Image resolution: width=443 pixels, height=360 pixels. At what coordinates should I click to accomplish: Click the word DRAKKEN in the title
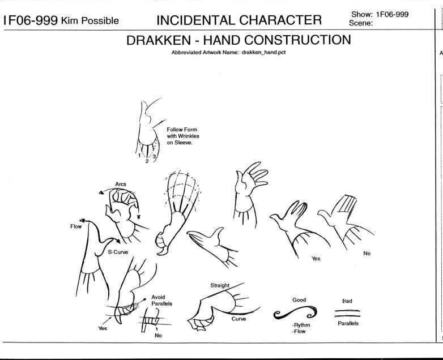coord(159,40)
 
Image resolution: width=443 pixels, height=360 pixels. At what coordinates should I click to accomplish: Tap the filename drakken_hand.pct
coord(263,53)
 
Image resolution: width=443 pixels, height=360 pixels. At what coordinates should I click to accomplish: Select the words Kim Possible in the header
coord(90,20)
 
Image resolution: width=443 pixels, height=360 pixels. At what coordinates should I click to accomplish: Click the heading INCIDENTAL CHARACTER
coord(239,20)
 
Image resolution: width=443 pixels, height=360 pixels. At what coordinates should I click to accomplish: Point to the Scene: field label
coord(361,23)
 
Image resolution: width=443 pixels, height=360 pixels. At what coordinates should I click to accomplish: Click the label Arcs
coord(121,184)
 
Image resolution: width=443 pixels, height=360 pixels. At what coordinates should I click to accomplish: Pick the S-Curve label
coord(118,252)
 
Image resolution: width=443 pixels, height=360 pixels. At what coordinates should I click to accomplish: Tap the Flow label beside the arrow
coord(76,226)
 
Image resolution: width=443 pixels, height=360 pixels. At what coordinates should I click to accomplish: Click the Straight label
coord(220,285)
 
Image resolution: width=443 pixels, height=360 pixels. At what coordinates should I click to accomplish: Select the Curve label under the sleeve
coord(238,319)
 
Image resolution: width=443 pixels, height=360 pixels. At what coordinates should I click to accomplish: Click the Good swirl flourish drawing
coord(295,312)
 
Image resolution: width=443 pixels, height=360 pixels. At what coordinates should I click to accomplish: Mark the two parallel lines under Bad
coord(347,313)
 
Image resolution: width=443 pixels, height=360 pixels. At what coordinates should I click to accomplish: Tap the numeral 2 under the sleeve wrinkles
coord(147,161)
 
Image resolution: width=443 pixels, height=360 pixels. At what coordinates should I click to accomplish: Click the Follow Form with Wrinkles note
coord(183,136)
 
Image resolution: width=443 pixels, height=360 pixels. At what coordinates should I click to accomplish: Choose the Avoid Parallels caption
coord(161,301)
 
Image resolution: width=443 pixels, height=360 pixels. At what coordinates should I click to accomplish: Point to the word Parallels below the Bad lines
coord(348,323)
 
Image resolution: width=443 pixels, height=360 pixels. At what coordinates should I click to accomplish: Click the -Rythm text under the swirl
coord(301,325)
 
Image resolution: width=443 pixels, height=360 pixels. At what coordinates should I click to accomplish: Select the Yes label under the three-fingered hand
coord(316,258)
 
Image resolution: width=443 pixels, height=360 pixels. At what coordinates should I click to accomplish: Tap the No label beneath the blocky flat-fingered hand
coord(367,253)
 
